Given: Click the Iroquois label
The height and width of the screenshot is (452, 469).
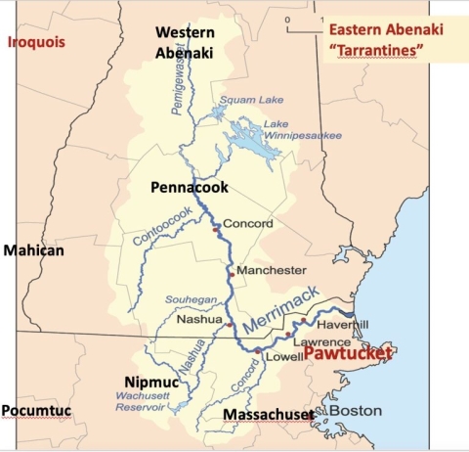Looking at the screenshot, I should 34,41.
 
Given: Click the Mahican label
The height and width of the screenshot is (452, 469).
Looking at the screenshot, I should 33,250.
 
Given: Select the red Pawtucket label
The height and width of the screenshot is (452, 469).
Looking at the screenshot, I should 347,352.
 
